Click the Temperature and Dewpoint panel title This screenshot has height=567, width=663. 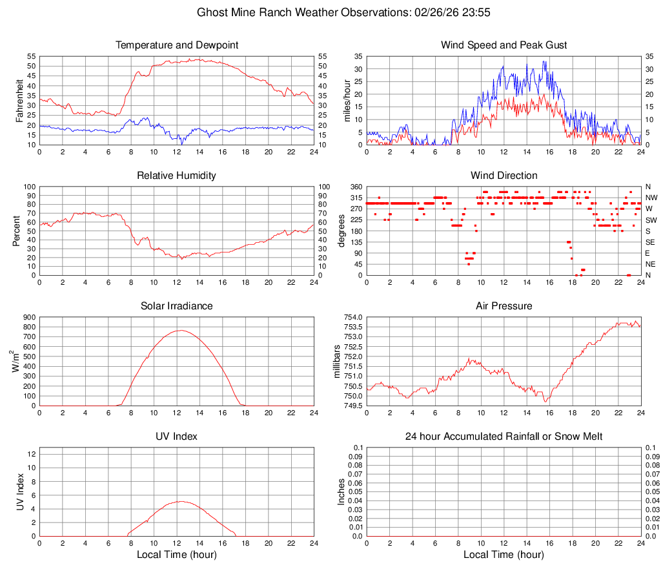[x=177, y=45]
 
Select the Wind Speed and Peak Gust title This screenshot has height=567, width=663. [x=504, y=45]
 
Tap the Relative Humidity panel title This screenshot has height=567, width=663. [x=177, y=176]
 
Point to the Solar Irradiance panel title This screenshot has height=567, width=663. [x=177, y=306]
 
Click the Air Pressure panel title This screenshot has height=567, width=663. [x=504, y=306]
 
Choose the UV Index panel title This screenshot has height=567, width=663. [x=177, y=437]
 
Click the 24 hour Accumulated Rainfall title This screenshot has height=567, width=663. [x=504, y=437]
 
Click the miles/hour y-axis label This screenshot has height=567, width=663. [x=347, y=100]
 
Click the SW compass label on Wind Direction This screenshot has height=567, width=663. [x=651, y=220]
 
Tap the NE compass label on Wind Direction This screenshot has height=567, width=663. [x=651, y=264]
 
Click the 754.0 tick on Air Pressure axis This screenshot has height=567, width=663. [x=352, y=317]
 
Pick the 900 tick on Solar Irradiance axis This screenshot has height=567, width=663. [x=30, y=317]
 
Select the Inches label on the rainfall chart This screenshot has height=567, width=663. [x=342, y=491]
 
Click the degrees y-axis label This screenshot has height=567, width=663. [x=342, y=231]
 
